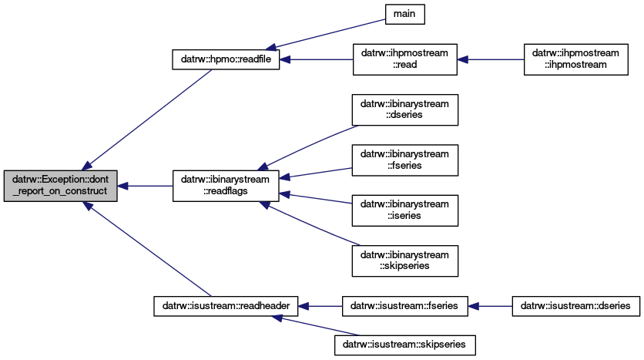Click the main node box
click(x=404, y=14)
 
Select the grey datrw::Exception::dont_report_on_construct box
click(x=60, y=186)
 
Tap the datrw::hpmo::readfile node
click(x=226, y=59)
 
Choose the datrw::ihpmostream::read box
click(x=405, y=59)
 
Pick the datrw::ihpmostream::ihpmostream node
click(x=575, y=59)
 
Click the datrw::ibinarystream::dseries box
click(x=405, y=109)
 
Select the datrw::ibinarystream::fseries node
click(x=405, y=160)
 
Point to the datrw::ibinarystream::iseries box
click(x=405, y=210)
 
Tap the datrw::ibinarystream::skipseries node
click(x=405, y=261)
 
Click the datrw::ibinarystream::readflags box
click(x=226, y=186)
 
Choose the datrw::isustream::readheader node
click(x=226, y=306)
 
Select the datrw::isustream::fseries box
click(x=405, y=306)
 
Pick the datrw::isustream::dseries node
click(x=575, y=306)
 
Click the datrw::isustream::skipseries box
click(x=405, y=345)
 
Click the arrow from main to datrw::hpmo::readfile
click(x=326, y=34)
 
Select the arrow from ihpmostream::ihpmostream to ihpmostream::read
click(x=491, y=59)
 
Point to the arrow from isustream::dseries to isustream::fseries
click(x=491, y=306)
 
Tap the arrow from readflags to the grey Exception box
click(x=145, y=186)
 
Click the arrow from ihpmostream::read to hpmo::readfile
click(x=317, y=59)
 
